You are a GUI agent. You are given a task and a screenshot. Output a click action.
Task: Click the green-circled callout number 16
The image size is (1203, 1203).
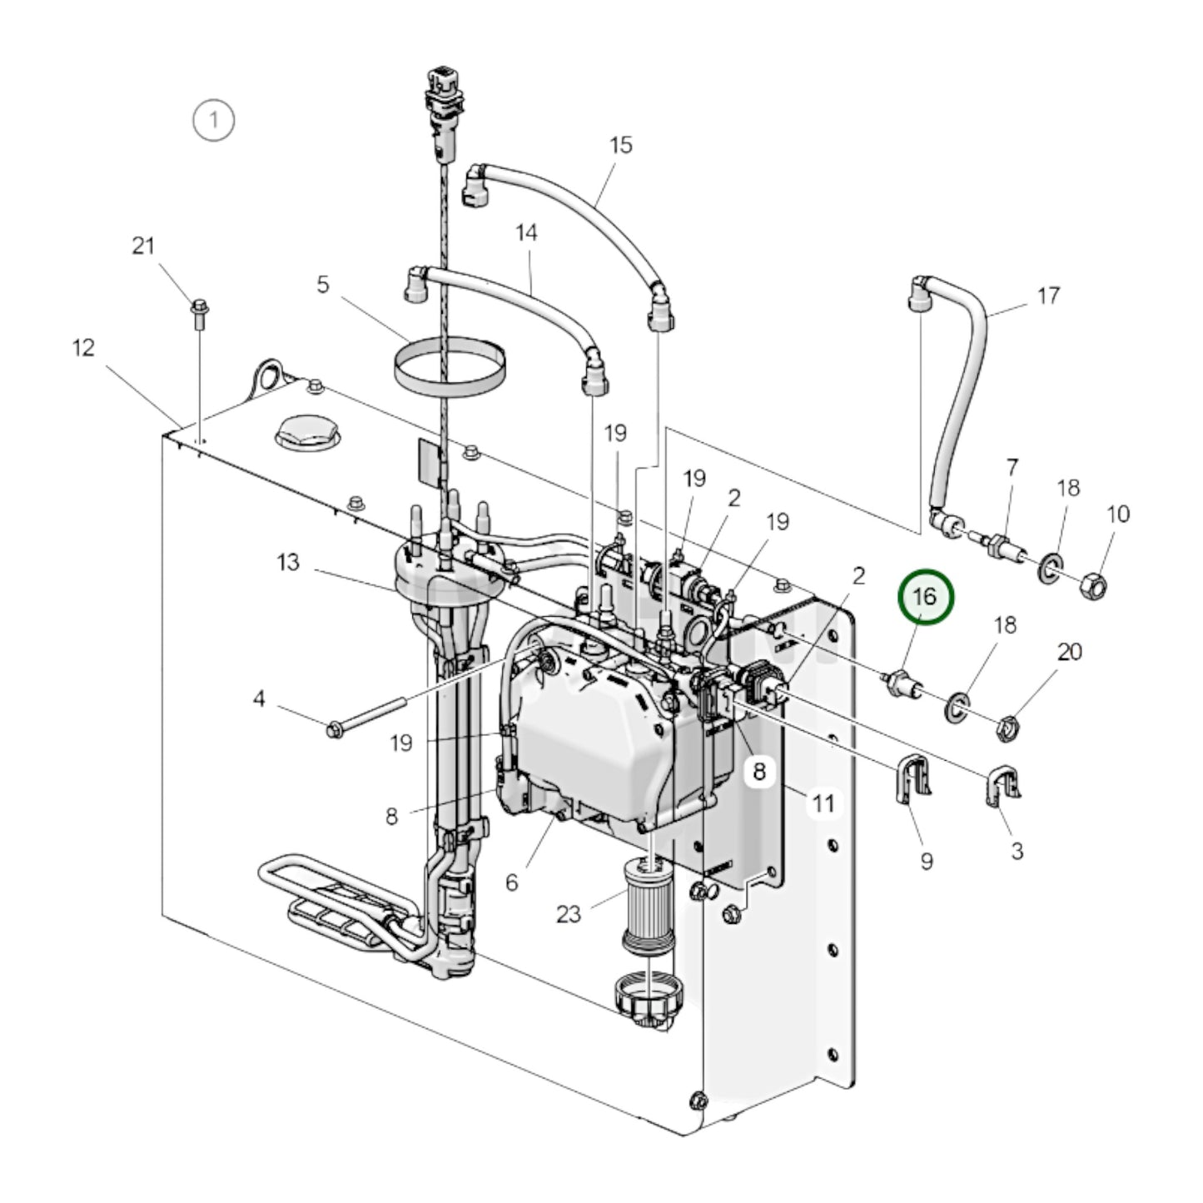[x=925, y=597]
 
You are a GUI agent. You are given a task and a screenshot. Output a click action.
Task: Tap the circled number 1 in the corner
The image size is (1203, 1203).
[x=213, y=120]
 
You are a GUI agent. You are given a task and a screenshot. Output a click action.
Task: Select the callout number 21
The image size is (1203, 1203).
[x=144, y=246]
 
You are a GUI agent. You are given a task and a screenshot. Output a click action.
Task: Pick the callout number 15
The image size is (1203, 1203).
[x=621, y=145]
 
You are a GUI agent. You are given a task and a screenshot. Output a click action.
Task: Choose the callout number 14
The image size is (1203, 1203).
[x=526, y=232]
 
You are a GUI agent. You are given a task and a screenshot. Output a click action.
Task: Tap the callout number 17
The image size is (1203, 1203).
[x=1048, y=296]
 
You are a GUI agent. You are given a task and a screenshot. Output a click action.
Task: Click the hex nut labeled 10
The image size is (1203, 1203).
[x=1093, y=587]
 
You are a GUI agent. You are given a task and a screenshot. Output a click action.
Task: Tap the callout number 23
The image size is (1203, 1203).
[x=569, y=914]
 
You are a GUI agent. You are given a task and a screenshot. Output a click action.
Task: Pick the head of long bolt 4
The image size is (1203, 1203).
[x=335, y=731]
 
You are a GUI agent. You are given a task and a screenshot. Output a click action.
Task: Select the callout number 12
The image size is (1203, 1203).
[x=83, y=347]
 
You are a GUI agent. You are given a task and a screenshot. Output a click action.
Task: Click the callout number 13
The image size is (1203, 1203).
[x=288, y=563]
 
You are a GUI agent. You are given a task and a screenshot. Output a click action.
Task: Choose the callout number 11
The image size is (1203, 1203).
[x=823, y=803]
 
